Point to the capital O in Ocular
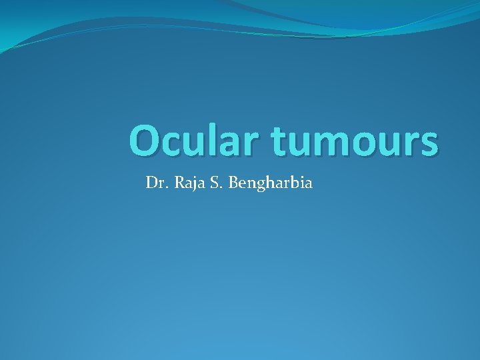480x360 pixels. (x=145, y=141)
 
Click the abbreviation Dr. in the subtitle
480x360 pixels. (x=157, y=182)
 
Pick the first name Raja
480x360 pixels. (x=191, y=182)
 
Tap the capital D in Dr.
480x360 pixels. (x=151, y=182)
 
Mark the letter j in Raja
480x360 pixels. (x=195, y=183)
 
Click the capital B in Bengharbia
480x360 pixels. (x=234, y=182)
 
